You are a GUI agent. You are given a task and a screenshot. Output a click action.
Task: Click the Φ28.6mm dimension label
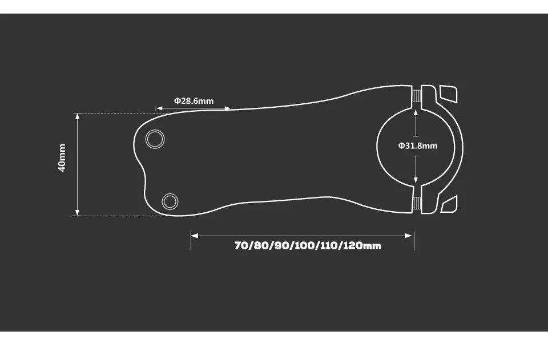[194, 101]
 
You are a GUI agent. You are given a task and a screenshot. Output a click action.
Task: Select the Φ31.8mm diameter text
[418, 145]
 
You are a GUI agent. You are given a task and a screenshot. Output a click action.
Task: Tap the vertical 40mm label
[62, 157]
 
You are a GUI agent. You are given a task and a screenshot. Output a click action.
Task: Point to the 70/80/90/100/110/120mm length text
[307, 246]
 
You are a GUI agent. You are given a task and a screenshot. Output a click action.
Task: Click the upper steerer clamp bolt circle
[155, 139]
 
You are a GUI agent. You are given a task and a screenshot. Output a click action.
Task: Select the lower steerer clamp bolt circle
[170, 201]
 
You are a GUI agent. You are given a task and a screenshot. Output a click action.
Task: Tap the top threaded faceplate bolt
[417, 96]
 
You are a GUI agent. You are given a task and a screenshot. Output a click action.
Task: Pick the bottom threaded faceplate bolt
[417, 204]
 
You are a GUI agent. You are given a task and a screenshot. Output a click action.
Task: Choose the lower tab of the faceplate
[450, 204]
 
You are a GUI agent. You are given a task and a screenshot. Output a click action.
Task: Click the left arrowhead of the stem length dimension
[194, 235]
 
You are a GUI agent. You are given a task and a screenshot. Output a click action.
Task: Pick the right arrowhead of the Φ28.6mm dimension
[228, 108]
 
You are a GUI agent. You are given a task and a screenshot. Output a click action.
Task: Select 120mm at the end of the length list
[362, 246]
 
